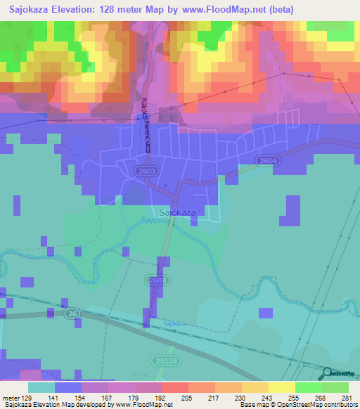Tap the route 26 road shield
point(72,313)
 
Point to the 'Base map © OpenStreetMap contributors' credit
point(297,405)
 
